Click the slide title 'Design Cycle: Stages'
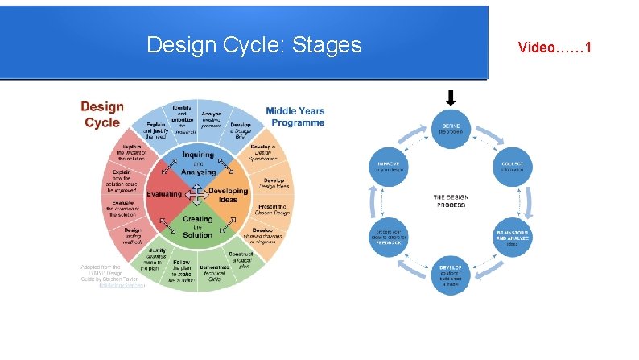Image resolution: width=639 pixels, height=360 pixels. point(254,45)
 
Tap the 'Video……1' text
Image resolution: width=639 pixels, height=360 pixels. point(554,48)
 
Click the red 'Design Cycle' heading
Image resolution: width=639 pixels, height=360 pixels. point(102,114)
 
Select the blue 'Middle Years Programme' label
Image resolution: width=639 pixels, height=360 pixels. point(295,117)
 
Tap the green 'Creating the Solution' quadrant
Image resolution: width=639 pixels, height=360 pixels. point(198,226)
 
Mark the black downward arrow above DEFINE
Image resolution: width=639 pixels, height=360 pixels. point(451,98)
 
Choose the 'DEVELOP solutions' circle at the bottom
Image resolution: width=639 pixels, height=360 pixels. point(450,272)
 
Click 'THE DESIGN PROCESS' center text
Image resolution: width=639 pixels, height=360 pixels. point(450,201)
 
